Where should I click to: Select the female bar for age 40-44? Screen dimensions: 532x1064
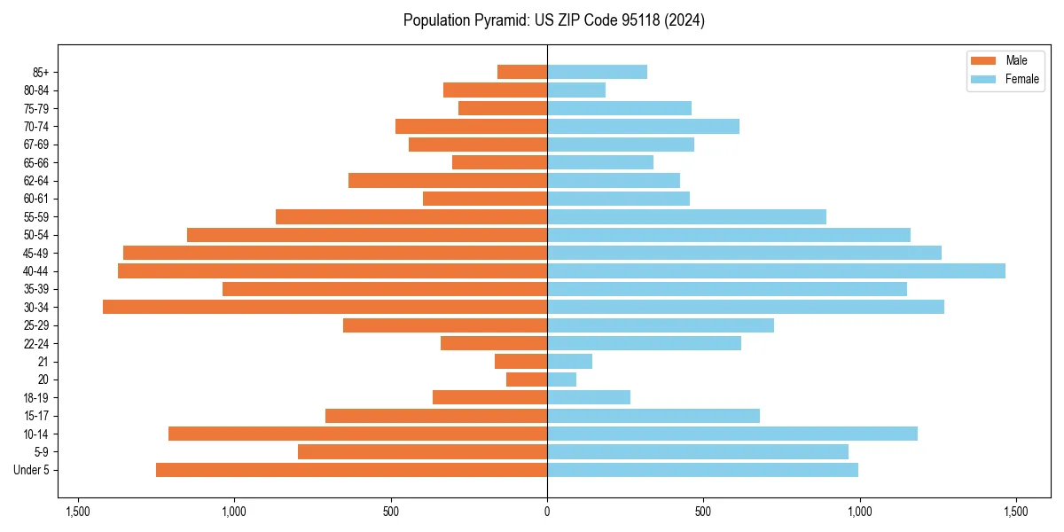pyautogui.click(x=776, y=270)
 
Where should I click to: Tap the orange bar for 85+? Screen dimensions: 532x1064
pyautogui.click(x=522, y=72)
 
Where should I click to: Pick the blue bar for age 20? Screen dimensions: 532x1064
pyautogui.click(x=561, y=379)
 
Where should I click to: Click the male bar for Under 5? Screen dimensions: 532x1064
pyautogui.click(x=351, y=470)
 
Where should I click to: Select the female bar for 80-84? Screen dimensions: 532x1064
pyautogui.click(x=576, y=90)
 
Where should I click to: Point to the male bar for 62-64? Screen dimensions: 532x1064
pyautogui.click(x=448, y=180)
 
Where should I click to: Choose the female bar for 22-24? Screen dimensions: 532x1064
pyautogui.click(x=644, y=343)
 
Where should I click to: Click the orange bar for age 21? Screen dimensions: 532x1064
pyautogui.click(x=520, y=361)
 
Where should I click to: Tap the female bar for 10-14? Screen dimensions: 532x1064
pyautogui.click(x=731, y=434)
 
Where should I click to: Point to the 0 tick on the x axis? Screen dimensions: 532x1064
pyautogui.click(x=547, y=512)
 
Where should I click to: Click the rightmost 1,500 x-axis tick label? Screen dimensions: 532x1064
pyautogui.click(x=1015, y=512)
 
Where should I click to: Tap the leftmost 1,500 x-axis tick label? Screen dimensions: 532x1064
pyautogui.click(x=78, y=512)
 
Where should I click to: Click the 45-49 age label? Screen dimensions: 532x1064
pyautogui.click(x=36, y=253)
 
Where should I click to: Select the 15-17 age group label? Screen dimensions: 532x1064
pyautogui.click(x=36, y=416)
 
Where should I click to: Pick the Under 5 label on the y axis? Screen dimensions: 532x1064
pyautogui.click(x=32, y=470)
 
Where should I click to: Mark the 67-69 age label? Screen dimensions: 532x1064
pyautogui.click(x=36, y=145)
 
